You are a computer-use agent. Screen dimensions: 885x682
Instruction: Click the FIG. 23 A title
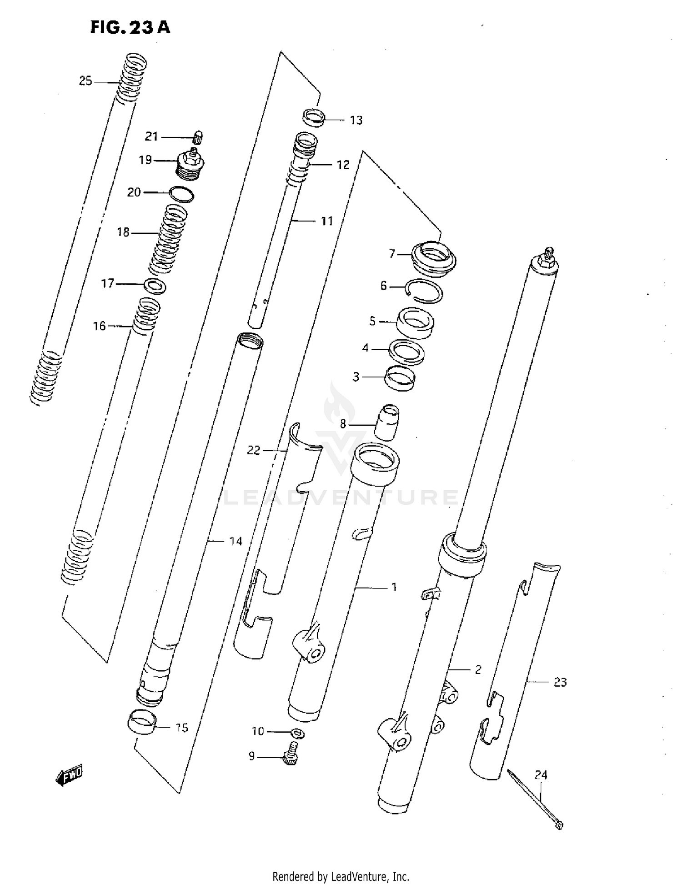130,28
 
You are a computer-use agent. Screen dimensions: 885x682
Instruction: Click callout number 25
85,81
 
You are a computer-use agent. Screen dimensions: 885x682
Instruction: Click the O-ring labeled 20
181,195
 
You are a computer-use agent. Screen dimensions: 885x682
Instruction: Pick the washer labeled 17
155,287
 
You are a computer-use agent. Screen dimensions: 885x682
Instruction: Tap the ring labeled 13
314,117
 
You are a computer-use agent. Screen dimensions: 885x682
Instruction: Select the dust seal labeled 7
433,258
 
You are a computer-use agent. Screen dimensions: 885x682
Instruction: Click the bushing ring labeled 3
400,378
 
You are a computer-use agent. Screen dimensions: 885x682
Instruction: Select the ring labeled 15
141,722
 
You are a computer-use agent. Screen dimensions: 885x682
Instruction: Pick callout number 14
236,541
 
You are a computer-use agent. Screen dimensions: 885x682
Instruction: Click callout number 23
560,682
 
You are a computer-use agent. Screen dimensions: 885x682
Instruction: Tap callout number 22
253,450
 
